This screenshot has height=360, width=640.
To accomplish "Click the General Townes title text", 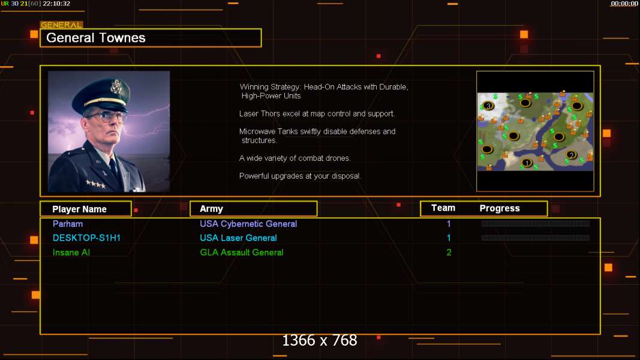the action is [95, 38].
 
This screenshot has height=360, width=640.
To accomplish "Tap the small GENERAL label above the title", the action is [61, 25].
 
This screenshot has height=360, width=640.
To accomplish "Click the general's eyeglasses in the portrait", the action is [107, 117].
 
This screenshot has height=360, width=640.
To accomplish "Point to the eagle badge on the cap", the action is [117, 86].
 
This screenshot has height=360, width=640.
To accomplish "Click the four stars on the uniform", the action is [95, 184].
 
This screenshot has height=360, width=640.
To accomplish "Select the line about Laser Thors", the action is [317, 114].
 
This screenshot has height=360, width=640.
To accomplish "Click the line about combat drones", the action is [295, 158].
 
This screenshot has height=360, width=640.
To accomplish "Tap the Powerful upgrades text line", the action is [300, 176].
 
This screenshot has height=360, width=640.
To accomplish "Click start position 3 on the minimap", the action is [489, 106].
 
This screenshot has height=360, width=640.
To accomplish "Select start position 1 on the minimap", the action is [527, 163].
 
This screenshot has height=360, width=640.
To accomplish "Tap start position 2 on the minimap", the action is [572, 155].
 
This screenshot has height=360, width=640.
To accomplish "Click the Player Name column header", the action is [80, 209].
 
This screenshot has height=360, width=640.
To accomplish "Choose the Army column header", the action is [211, 209].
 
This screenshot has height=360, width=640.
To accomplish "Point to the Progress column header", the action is [500, 209].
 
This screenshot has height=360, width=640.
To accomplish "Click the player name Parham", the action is [68, 224].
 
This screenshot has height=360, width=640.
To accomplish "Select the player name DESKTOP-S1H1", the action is [86, 238].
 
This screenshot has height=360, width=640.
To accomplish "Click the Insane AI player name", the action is [71, 253].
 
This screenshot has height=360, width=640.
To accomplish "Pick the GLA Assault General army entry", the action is [242, 253].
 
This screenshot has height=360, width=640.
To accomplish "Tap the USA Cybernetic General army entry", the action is [248, 224].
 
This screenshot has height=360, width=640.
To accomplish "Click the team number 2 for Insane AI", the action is [449, 253].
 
